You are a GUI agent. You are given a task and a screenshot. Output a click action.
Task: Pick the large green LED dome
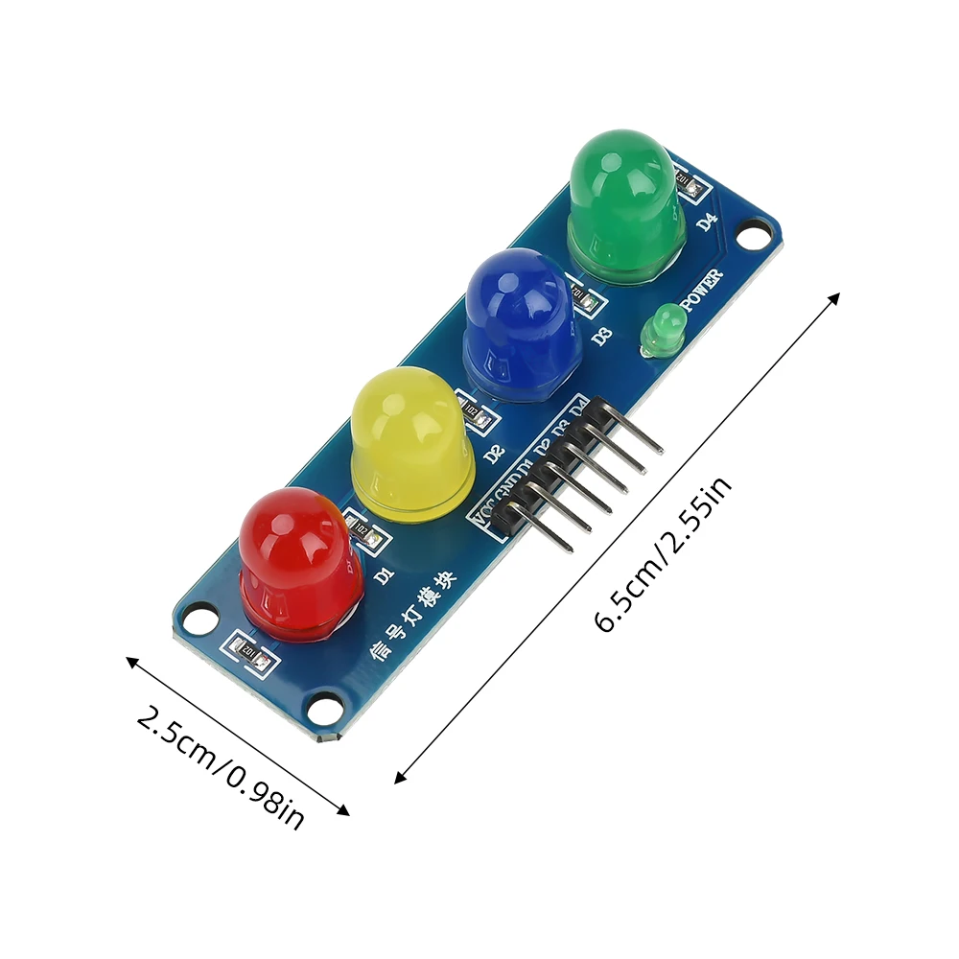(x=624, y=204)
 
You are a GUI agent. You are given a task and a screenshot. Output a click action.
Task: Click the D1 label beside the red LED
(x=385, y=575)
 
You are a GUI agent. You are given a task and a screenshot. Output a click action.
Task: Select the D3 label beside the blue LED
(x=601, y=336)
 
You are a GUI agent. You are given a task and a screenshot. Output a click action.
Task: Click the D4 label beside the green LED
(x=707, y=222)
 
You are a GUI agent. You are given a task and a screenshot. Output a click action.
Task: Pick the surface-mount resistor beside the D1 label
(x=365, y=534)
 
